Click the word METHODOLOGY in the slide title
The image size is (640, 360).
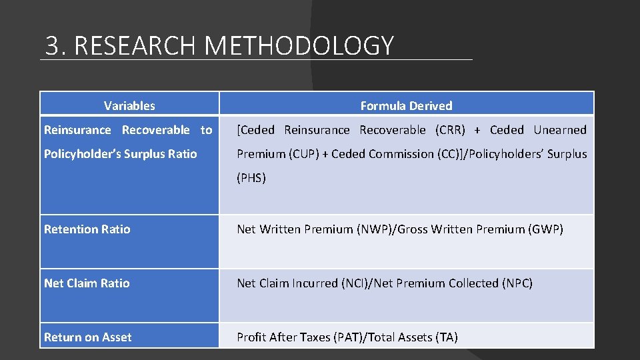click(299, 45)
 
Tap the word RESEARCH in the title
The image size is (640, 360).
click(137, 45)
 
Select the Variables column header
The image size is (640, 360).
click(129, 105)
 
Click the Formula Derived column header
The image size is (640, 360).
click(406, 105)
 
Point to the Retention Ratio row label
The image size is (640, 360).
click(87, 229)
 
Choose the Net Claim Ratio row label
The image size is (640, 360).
click(87, 283)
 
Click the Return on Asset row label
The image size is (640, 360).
click(88, 337)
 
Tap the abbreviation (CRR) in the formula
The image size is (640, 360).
click(450, 130)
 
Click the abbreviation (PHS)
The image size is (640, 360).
click(251, 178)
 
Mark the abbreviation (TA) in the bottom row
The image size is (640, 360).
click(447, 337)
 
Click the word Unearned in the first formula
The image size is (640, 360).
click(560, 130)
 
